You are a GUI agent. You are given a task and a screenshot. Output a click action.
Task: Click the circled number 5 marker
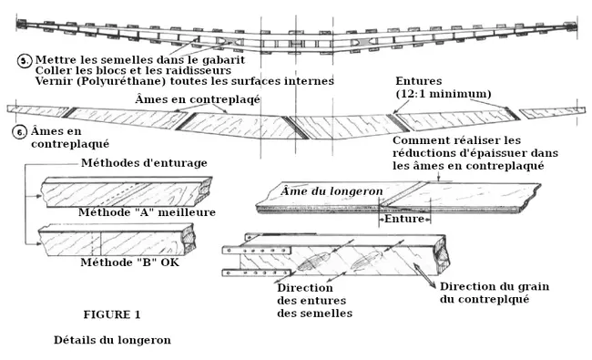pos(25,60)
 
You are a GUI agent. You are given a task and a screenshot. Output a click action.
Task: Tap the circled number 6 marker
pos(20,132)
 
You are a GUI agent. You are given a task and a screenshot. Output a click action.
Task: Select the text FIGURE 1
pos(112,314)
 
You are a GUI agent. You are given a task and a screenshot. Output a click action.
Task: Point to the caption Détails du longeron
pos(112,340)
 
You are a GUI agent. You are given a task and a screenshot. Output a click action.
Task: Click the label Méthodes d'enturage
pos(144,163)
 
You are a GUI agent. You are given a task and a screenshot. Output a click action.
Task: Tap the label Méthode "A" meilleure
pos(147,212)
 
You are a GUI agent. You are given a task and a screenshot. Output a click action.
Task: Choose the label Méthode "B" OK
pos(130,262)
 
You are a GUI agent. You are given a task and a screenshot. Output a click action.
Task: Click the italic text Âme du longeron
pos(332,190)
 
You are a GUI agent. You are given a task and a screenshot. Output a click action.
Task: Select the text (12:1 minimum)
pos(444,94)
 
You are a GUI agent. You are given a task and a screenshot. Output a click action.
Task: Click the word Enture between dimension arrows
pos(404,219)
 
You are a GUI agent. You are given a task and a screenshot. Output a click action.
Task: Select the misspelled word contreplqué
pos(494,299)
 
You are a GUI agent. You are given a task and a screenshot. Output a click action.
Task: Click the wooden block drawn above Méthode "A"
pos(127,192)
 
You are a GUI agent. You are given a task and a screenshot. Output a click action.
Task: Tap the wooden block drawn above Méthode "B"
pos(117,240)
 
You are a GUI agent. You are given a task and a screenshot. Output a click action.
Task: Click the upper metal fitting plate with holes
pos(257,250)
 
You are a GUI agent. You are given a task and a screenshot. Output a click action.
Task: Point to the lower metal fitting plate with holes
pos(257,273)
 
